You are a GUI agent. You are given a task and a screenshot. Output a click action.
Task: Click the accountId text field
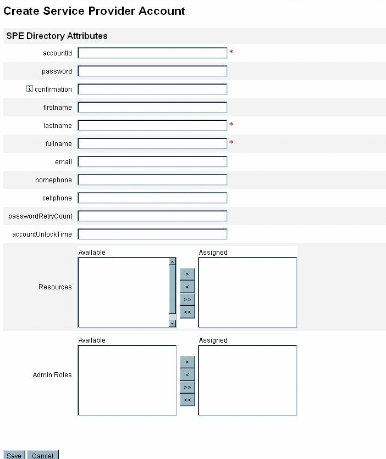point(152,53)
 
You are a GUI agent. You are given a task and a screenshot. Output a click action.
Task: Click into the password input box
point(152,71)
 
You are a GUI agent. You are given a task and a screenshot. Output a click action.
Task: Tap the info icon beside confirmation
point(30,89)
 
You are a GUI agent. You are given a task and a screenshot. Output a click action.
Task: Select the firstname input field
point(152,107)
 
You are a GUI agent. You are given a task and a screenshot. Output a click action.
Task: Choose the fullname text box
point(152,143)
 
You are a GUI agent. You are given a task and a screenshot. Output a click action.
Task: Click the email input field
point(152,161)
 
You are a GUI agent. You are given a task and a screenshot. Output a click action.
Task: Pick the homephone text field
point(152,180)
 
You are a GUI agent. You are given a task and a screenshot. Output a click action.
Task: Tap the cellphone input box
point(152,198)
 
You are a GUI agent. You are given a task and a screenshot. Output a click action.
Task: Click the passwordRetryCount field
point(152,216)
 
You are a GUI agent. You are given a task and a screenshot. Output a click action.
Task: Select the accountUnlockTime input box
point(152,234)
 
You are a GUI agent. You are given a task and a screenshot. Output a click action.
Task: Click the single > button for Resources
point(187,273)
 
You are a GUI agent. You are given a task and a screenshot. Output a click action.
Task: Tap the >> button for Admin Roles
point(187,387)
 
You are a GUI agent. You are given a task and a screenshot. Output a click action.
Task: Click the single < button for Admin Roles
point(187,374)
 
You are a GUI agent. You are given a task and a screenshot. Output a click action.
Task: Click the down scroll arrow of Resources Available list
point(172,323)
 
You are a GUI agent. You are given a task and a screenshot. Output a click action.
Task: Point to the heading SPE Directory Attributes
point(57,36)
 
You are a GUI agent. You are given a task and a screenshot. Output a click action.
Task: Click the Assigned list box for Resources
point(247,292)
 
